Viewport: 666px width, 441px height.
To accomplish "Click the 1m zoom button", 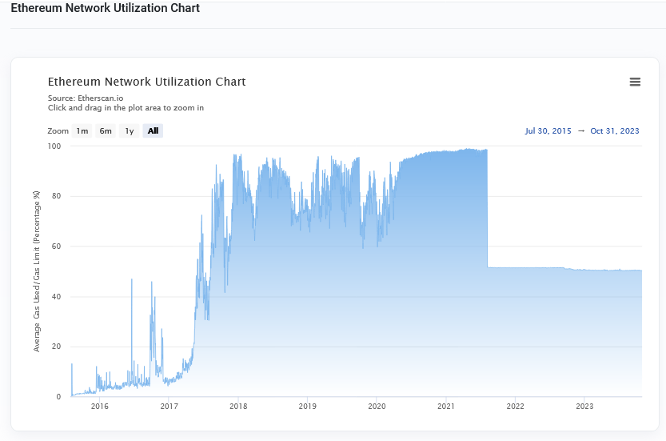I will click(82, 131).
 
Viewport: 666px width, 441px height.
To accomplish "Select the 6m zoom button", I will click(106, 131).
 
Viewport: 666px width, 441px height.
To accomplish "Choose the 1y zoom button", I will click(130, 131).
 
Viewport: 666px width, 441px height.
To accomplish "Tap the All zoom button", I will click(153, 131).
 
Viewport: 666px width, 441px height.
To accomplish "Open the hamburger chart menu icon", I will click(635, 82).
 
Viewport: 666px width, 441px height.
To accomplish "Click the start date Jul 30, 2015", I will click(548, 131).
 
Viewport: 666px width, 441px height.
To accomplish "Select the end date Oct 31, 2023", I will click(615, 131).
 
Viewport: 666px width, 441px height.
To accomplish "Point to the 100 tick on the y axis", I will click(54, 146).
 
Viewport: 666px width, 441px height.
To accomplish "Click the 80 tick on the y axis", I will click(56, 197).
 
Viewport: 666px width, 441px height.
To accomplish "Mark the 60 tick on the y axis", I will click(56, 247).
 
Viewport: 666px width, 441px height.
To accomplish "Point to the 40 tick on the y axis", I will click(56, 297).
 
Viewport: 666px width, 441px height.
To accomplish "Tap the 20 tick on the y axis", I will click(56, 347).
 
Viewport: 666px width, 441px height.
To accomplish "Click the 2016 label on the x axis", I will click(100, 407).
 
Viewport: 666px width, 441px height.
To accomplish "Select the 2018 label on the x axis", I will click(238, 407).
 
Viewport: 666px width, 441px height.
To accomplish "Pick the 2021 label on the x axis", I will click(446, 407).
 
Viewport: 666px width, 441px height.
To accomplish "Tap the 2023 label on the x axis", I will click(584, 407).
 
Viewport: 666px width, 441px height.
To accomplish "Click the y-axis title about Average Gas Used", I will click(37, 271).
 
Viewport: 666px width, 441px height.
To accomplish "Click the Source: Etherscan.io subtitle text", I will click(86, 98).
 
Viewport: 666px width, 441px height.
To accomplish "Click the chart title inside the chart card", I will click(146, 82).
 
